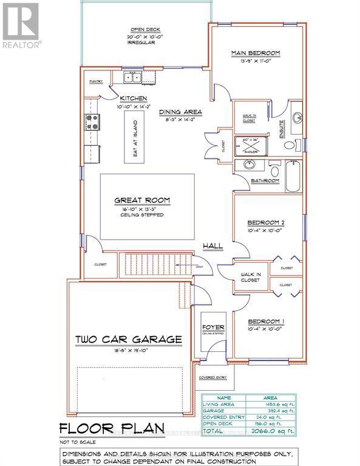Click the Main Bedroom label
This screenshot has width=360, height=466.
pos(255,53)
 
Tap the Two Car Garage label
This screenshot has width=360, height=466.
pos(129,339)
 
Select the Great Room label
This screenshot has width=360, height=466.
pos(143,200)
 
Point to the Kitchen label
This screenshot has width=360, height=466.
pos(134,98)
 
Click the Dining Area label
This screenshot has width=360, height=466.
pos(180,112)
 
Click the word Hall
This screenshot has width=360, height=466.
pos(212,246)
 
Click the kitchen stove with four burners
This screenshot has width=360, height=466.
pos(92,122)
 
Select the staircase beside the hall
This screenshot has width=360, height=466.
pos(148,265)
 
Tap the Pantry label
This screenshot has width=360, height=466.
pos(96,81)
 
